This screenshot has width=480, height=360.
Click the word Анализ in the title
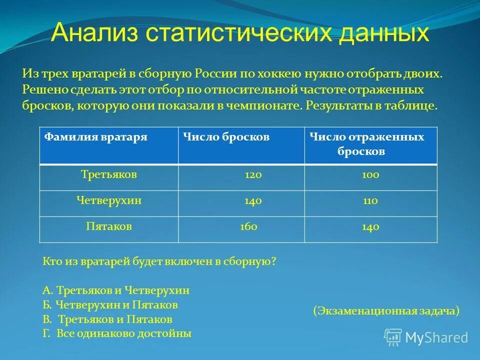click(94, 33)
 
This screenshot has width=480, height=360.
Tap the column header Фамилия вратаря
click(96, 136)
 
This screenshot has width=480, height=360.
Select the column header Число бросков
click(226, 136)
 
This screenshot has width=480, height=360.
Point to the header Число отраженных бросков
click(366, 144)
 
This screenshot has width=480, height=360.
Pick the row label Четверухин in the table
click(109, 200)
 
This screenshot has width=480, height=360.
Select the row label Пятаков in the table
click(109, 226)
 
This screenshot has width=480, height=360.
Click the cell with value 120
click(253, 175)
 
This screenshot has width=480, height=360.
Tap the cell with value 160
click(248, 226)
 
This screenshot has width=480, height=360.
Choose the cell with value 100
click(370, 175)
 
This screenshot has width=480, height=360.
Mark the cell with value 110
click(370, 201)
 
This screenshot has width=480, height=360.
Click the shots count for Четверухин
click(253, 201)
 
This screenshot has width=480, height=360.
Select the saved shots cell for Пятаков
click(370, 227)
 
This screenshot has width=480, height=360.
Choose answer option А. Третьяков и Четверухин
click(116, 290)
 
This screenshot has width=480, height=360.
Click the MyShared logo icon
click(393, 336)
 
